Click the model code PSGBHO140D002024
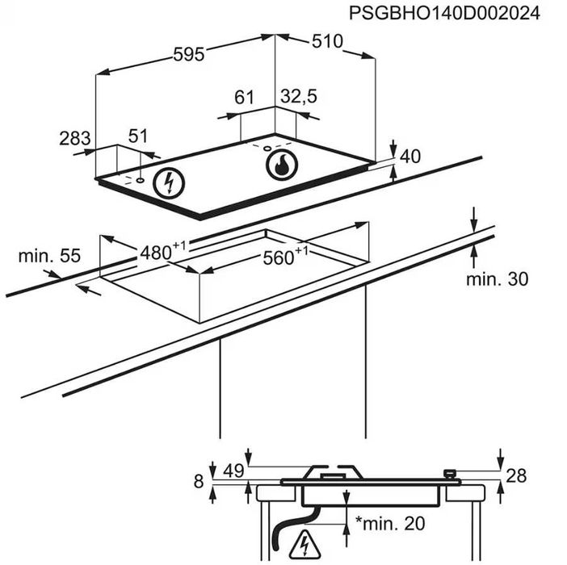pyautogui.click(x=444, y=14)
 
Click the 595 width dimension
pyautogui.click(x=189, y=55)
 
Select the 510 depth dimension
pyautogui.click(x=327, y=41)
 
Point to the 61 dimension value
pyautogui.click(x=245, y=97)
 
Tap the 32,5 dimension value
pyautogui.click(x=299, y=97)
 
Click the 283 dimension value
pyautogui.click(x=75, y=138)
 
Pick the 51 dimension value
pyautogui.click(x=138, y=136)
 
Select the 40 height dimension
pyautogui.click(x=410, y=157)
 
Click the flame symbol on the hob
pyautogui.click(x=282, y=165)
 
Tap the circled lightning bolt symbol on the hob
pyautogui.click(x=169, y=183)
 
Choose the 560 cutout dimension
pyautogui.click(x=285, y=257)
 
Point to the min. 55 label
pyautogui.click(x=49, y=256)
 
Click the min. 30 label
pyautogui.click(x=497, y=279)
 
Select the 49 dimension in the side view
pyautogui.click(x=233, y=471)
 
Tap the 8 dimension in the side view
pyautogui.click(x=199, y=481)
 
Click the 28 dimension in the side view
pyautogui.click(x=516, y=475)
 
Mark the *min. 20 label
pyautogui.click(x=390, y=523)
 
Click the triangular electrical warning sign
pyautogui.click(x=304, y=545)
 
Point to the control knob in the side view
pyautogui.click(x=449, y=474)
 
